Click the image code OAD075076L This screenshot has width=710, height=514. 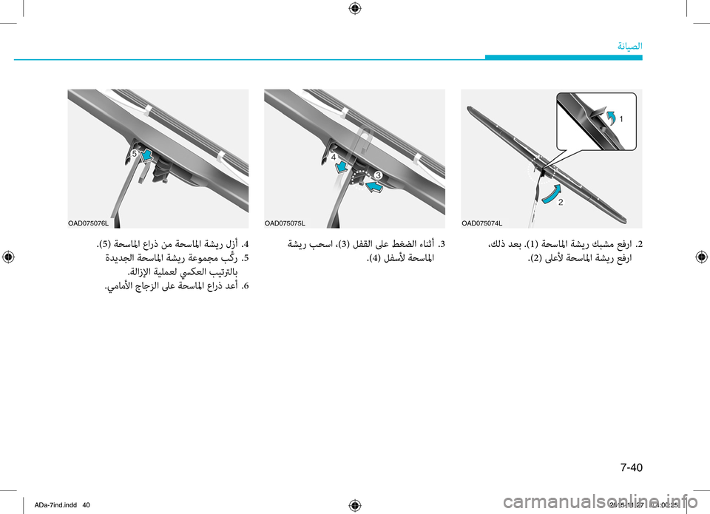point(89,223)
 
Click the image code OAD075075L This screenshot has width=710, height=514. point(285,223)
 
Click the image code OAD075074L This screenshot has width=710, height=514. point(481,223)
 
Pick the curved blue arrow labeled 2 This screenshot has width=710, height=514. point(550,193)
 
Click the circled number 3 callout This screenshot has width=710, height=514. point(377,175)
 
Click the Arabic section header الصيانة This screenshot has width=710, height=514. point(629,46)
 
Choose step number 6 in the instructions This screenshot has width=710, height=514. point(244,286)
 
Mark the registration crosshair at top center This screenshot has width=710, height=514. point(354,8)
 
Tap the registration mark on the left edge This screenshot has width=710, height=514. point(8,257)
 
